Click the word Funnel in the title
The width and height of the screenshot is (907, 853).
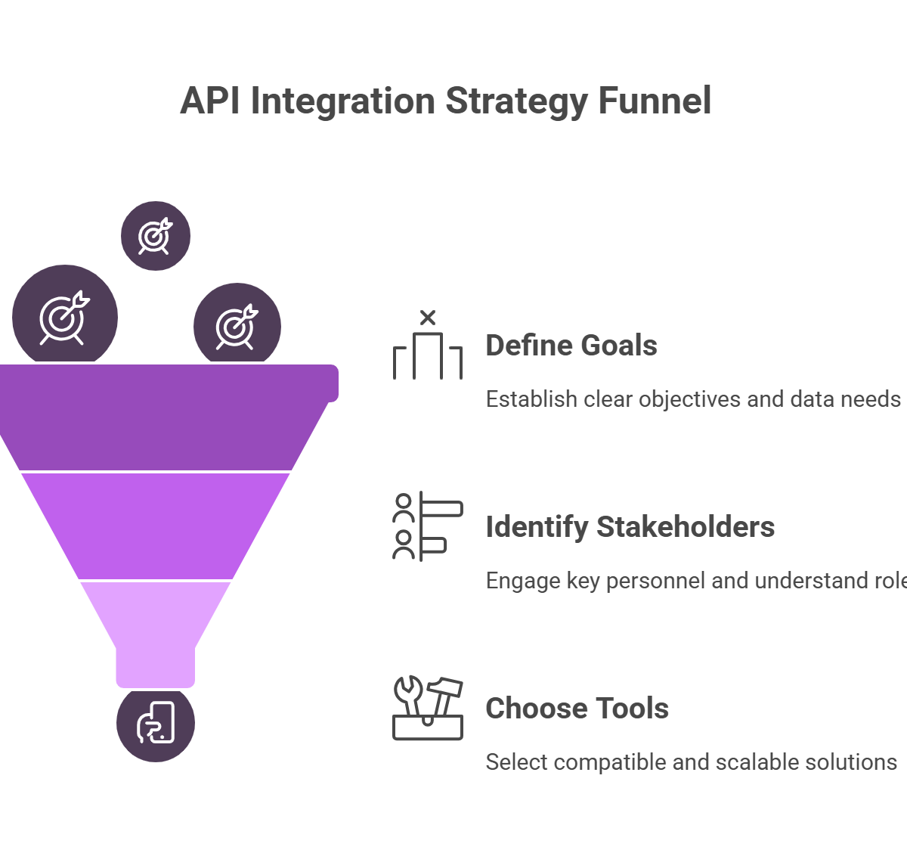pyautogui.click(x=655, y=101)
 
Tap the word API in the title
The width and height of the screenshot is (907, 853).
pyautogui.click(x=210, y=101)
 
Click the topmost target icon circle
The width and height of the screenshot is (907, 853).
pyautogui.click(x=156, y=236)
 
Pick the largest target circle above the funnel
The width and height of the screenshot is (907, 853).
pyautogui.click(x=65, y=317)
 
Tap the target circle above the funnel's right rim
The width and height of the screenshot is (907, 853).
pyautogui.click(x=237, y=327)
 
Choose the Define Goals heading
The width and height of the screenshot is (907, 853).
pyautogui.click(x=571, y=346)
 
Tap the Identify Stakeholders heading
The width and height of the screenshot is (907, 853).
pyautogui.click(x=630, y=527)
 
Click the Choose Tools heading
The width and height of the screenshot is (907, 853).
pyautogui.click(x=577, y=709)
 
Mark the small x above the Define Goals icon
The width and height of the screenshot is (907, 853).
pyautogui.click(x=428, y=318)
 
